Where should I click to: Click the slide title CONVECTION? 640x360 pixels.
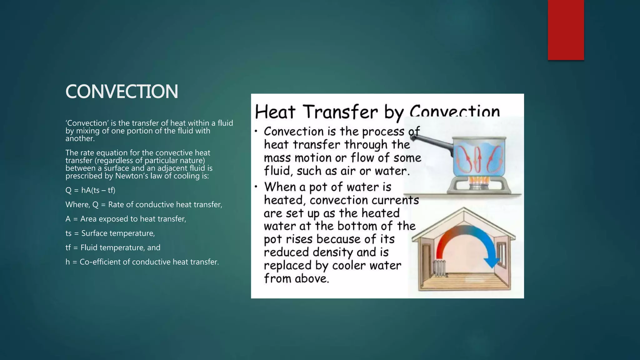point(122,92)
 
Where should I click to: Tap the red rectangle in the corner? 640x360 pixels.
point(566,30)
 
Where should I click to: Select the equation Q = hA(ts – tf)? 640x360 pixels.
point(90,190)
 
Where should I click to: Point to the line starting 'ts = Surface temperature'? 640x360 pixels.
point(110,233)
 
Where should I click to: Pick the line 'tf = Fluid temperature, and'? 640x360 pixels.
point(113,248)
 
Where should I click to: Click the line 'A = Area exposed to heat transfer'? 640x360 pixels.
point(126,219)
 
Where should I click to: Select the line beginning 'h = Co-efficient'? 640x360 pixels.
point(142,262)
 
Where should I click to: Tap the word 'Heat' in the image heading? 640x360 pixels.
point(275,112)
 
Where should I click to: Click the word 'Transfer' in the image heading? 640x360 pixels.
point(341,112)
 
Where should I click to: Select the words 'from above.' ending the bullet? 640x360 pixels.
point(297,278)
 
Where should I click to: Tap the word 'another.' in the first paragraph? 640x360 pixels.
point(80,138)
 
